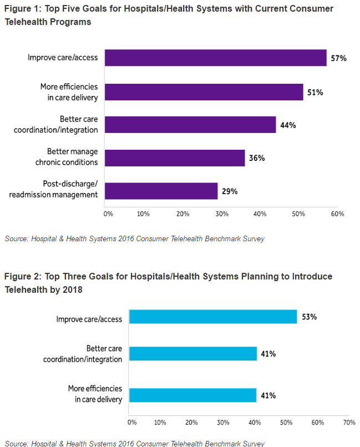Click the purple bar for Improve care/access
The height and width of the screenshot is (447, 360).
pyautogui.click(x=215, y=58)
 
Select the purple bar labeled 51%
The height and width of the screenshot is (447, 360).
pyautogui.click(x=204, y=92)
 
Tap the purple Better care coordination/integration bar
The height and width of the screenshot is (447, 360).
pyautogui.click(x=190, y=125)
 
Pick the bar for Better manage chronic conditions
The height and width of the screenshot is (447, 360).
pyautogui.click(x=175, y=158)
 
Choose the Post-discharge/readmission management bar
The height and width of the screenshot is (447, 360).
pyautogui.click(x=161, y=191)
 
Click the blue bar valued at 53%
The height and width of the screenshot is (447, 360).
pyautogui.click(x=213, y=317)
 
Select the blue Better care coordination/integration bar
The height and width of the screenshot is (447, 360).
pyautogui.click(x=193, y=353)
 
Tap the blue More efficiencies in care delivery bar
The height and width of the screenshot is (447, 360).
pyautogui.click(x=192, y=395)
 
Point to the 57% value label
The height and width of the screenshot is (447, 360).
pyautogui.click(x=338, y=58)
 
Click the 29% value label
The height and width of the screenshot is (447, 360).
pyautogui.click(x=230, y=191)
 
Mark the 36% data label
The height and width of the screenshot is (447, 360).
pyautogui.click(x=257, y=158)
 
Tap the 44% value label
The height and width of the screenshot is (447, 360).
pyautogui.click(x=288, y=125)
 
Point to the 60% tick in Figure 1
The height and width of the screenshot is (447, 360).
pyautogui.click(x=338, y=214)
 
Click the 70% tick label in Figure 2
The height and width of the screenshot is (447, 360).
pyautogui.click(x=349, y=423)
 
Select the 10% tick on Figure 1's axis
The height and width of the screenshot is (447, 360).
pyautogui.click(x=143, y=214)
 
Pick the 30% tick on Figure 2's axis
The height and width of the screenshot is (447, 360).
pyautogui.click(x=224, y=423)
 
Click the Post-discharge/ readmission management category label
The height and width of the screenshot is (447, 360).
pyautogui.click(x=67, y=189)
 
